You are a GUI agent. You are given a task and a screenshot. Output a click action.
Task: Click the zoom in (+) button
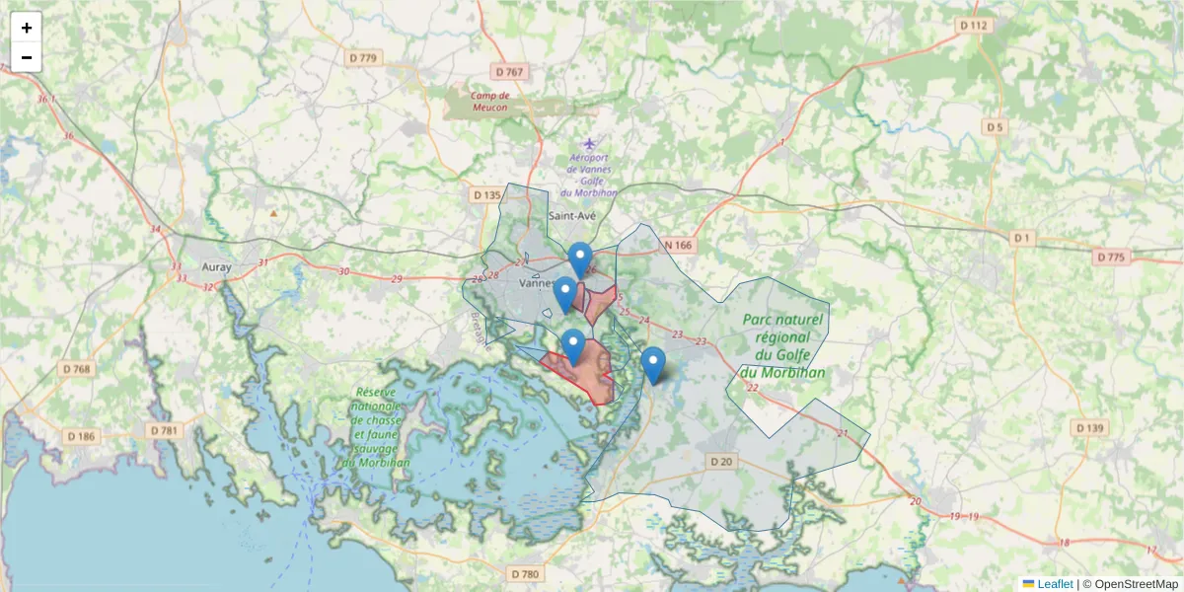click(27, 28)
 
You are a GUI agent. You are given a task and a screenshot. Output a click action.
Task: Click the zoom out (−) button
click(27, 57)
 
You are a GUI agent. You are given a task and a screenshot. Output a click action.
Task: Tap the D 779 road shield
click(364, 58)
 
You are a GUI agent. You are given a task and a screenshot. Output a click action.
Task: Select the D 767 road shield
click(510, 72)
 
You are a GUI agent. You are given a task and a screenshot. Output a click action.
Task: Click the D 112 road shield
click(973, 25)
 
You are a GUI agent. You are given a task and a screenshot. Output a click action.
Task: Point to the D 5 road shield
click(994, 126)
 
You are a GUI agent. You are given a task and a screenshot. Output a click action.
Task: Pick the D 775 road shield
click(1110, 258)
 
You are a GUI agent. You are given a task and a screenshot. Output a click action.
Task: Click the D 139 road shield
click(1089, 427)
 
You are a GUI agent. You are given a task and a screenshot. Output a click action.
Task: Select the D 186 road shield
click(82, 435)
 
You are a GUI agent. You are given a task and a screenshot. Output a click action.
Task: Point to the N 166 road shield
click(679, 245)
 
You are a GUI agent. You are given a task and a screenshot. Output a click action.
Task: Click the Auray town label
click(215, 266)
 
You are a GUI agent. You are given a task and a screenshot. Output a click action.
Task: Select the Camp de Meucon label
click(489, 102)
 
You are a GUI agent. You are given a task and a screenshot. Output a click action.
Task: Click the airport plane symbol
click(590, 144)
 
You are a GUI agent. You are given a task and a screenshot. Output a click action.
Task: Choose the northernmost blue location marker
click(580, 259)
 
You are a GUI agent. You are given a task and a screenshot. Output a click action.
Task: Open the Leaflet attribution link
click(1055, 584)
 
